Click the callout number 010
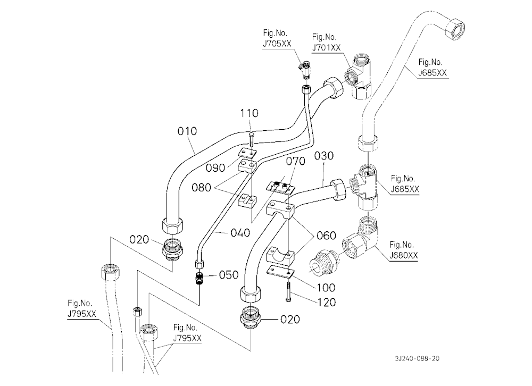[x=187, y=131]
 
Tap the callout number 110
[x=250, y=113]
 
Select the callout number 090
[x=215, y=167]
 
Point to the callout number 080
[x=201, y=187]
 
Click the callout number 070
[x=295, y=161]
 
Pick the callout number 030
[x=323, y=156]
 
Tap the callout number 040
[x=240, y=233]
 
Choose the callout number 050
[x=229, y=275]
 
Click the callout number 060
[x=326, y=236]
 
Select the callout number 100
[x=326, y=288]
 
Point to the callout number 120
[x=326, y=302]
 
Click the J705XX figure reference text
[x=277, y=44]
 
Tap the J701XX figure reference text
[x=326, y=47]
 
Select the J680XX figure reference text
[x=403, y=255]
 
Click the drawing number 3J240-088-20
[x=417, y=358]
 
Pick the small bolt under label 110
[x=251, y=138]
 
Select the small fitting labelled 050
[x=198, y=278]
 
